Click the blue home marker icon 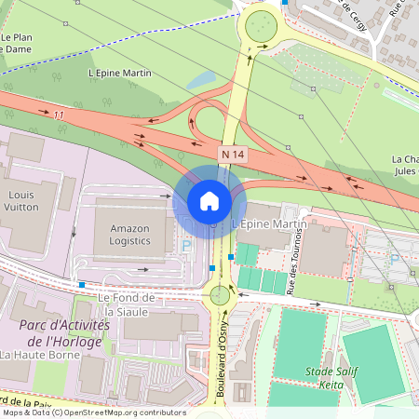pos(209,201)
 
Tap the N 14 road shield pos(233,152)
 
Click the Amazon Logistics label pos(128,234)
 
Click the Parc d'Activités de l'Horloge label pos(64,332)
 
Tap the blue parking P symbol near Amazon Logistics pos(186,246)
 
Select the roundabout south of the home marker pos(220,296)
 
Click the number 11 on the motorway pos(60,115)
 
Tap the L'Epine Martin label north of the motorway pos(119,73)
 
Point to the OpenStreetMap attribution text pos(93,412)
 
